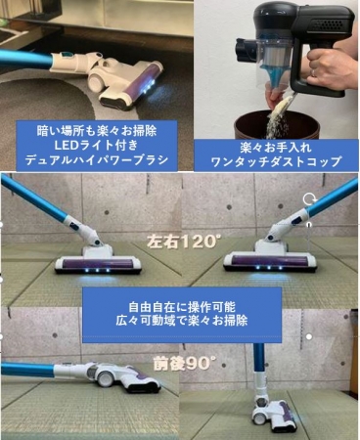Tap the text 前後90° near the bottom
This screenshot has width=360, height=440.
[x=185, y=363]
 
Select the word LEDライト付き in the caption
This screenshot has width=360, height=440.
[x=96, y=146]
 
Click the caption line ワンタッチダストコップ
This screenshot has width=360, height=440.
[x=276, y=161]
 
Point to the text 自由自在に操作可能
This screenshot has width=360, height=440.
[x=182, y=307]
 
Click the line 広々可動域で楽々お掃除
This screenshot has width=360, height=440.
[x=182, y=321]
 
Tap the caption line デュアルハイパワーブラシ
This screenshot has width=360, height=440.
[x=97, y=160]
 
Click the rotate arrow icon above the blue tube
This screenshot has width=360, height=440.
[x=308, y=199]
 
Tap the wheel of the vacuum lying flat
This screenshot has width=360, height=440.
[x=106, y=378]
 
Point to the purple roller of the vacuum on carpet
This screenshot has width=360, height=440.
[x=136, y=80]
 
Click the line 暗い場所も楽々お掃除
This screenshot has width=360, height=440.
[x=97, y=131]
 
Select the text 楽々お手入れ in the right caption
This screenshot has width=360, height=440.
[x=276, y=148]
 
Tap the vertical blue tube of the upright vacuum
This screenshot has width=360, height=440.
[x=259, y=358]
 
